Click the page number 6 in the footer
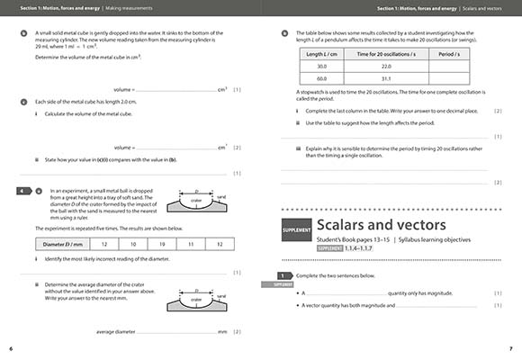[10, 347]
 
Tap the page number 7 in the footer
[510, 347]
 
